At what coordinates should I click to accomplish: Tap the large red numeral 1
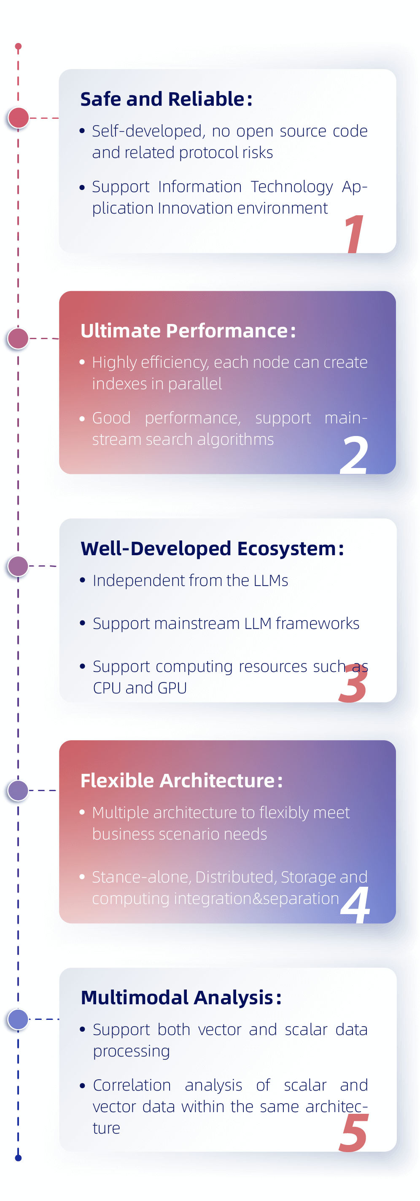354,234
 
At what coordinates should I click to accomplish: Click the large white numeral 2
354,455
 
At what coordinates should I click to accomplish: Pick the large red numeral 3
353,684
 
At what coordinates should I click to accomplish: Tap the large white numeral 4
355,904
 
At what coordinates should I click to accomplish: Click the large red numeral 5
353,1133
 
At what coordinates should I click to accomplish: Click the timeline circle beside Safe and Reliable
18,118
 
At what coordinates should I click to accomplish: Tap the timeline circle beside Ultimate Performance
18,339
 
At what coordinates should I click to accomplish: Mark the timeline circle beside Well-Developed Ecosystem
18,566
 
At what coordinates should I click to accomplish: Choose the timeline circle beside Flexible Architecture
18,791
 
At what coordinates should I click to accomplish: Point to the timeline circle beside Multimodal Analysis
18,1019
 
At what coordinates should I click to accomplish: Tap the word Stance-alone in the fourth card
141,877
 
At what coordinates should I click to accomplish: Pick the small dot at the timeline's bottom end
18,1158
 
